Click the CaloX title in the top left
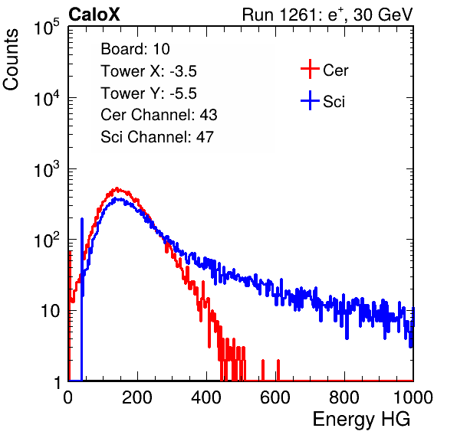coord(94,15)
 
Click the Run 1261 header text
coord(327,15)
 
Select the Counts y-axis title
coord(11,60)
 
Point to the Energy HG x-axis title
coord(361,420)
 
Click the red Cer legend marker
coord(310,69)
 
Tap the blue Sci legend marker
coord(310,101)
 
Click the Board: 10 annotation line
coord(135,49)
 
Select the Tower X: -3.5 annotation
coord(149,71)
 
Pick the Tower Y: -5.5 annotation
coord(149,93)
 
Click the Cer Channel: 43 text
coord(159,115)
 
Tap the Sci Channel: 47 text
coord(157,137)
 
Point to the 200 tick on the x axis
coord(137,397)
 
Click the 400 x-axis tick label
coord(206,397)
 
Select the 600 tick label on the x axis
coord(275,397)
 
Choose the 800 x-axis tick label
coord(344,397)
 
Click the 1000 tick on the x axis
coord(413,397)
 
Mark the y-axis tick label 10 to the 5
coord(47,27)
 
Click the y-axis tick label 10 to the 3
coord(47,169)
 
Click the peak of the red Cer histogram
coord(117,188)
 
